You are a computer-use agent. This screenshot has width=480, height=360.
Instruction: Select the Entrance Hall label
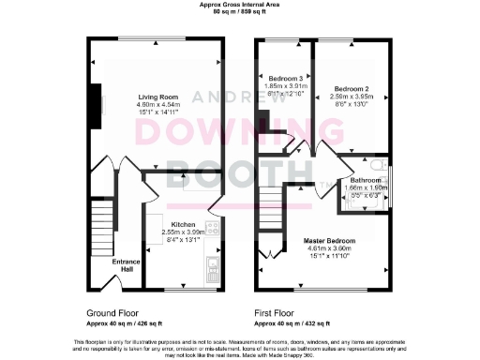pyautogui.click(x=127, y=265)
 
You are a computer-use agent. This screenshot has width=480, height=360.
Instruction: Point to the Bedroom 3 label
pyautogui.click(x=286, y=78)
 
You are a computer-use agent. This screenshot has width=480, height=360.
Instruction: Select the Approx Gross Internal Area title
pyautogui.click(x=239, y=5)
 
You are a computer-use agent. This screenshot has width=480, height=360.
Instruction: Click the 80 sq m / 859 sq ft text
pyautogui.click(x=239, y=12)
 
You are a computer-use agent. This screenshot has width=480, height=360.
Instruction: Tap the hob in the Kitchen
pyautogui.click(x=213, y=229)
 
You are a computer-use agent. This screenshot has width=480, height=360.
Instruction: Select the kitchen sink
pyautogui.click(x=213, y=271)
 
